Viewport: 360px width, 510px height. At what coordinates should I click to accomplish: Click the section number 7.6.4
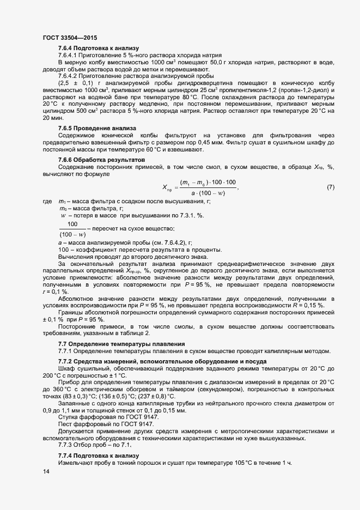(x=66, y=48)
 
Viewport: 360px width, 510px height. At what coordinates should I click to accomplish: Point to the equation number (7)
(x=330, y=187)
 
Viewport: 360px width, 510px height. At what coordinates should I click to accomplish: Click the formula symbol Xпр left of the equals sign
(x=168, y=188)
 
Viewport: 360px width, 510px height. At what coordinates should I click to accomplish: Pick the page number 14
(x=46, y=472)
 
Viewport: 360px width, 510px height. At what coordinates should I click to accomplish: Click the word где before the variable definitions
(x=47, y=202)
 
